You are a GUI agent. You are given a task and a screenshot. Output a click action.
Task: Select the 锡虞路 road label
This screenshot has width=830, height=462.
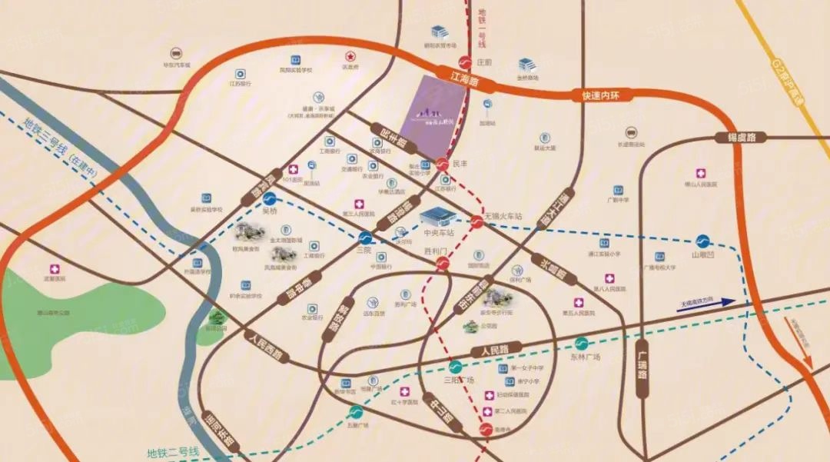[742, 138]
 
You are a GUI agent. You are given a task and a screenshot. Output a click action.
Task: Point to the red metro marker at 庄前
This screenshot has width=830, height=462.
[464, 63]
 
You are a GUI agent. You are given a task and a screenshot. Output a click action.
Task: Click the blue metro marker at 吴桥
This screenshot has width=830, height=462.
[269, 198]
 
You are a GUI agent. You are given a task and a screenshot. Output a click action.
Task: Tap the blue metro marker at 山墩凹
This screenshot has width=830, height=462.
[702, 241]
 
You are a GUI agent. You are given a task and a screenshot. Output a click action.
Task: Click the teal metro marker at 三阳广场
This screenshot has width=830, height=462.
[456, 367]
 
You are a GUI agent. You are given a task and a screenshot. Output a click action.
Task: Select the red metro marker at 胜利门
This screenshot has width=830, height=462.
[443, 264]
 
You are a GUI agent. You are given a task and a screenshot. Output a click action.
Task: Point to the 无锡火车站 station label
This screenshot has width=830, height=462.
[503, 217]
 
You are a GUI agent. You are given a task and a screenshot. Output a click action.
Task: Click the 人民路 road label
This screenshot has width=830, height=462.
[496, 351]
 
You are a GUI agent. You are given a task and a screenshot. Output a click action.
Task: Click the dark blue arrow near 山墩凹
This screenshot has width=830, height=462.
[707, 303]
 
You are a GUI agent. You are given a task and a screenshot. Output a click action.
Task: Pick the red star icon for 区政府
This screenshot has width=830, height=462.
[350, 55]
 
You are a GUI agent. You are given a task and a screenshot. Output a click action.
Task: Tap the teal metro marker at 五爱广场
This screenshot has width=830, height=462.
[356, 412]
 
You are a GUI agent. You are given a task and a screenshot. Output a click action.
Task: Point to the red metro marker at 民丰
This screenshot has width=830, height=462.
[441, 164]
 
